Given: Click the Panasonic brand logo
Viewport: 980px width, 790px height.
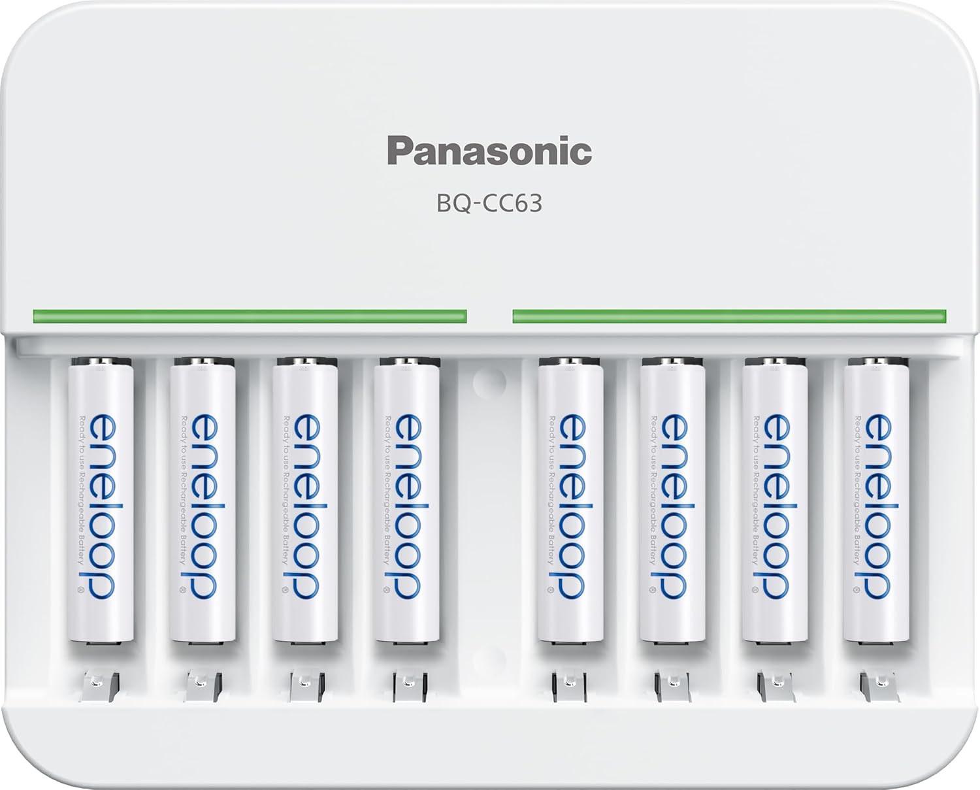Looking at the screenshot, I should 489,151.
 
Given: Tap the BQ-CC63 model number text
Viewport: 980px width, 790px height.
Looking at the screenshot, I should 489,204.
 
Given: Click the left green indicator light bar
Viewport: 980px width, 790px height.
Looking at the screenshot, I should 250,316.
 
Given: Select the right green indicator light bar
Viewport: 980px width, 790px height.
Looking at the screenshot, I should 729,316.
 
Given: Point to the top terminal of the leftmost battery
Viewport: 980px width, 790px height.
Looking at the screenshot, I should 101,361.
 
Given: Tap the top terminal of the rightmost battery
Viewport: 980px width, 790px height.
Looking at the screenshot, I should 877,361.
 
